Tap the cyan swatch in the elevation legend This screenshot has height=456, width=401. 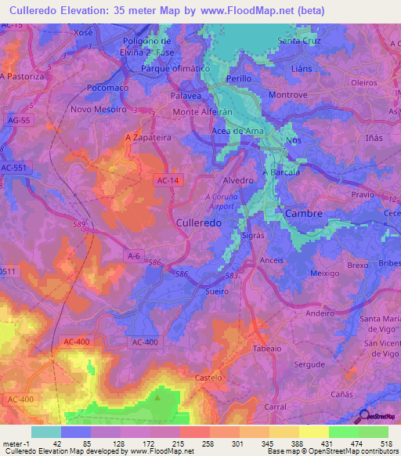pyautogui.click(x=46, y=432)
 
